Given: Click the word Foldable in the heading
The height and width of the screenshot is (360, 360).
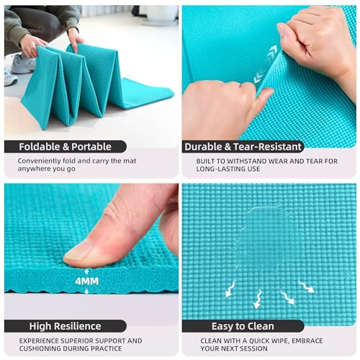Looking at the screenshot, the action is (40, 147).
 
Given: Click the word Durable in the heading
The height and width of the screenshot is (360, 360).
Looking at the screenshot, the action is (204, 147).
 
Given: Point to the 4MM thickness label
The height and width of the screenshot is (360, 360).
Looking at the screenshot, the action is (87, 282).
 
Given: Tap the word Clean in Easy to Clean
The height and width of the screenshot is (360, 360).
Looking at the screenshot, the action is (260, 326).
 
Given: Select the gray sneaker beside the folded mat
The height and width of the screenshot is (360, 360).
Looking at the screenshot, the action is (24, 63).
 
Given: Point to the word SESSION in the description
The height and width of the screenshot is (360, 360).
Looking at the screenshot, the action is (253, 348).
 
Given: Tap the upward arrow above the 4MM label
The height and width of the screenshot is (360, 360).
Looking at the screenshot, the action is (87, 273).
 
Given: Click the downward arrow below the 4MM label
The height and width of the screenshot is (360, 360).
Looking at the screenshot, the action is (87, 291).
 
